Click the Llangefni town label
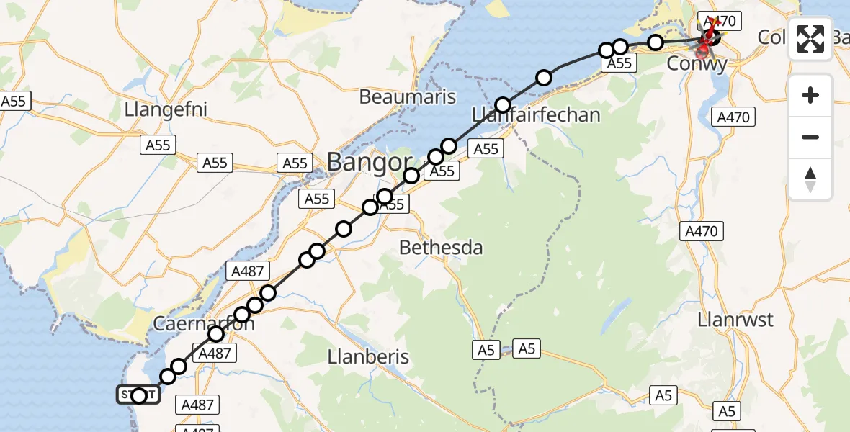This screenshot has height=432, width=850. pyautogui.click(x=166, y=110)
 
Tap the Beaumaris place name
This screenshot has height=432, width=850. pyautogui.click(x=408, y=96)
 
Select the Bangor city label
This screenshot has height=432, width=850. pyautogui.click(x=370, y=161)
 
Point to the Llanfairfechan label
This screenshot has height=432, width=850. pyautogui.click(x=536, y=114)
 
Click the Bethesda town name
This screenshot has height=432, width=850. pyautogui.click(x=441, y=248)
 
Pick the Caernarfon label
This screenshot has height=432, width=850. pyautogui.click(x=204, y=324)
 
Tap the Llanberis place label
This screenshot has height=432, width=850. pyautogui.click(x=368, y=356)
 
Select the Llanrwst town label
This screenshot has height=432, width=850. pyautogui.click(x=735, y=319)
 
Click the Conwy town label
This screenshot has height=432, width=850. pyautogui.click(x=697, y=63)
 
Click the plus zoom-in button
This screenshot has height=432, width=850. pyautogui.click(x=810, y=95)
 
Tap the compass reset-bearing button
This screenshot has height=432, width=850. pyautogui.click(x=810, y=179)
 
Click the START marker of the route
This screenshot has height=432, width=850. pyautogui.click(x=139, y=395)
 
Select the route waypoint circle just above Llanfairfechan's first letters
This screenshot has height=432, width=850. pyautogui.click(x=502, y=104)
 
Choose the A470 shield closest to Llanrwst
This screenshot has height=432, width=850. pyautogui.click(x=702, y=231)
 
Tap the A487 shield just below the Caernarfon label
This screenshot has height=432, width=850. pyautogui.click(x=214, y=353)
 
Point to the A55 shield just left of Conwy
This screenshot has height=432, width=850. pyautogui.click(x=619, y=63)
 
